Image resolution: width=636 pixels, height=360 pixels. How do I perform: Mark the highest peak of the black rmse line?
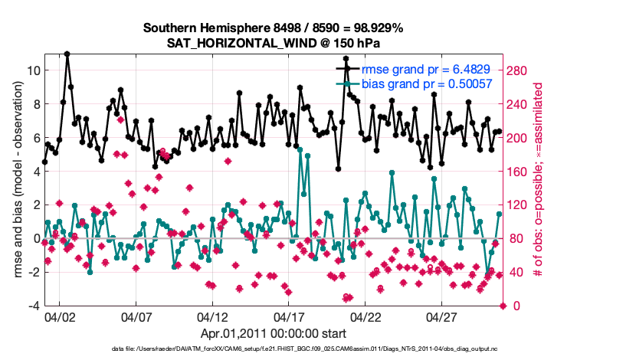[x=67, y=54]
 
